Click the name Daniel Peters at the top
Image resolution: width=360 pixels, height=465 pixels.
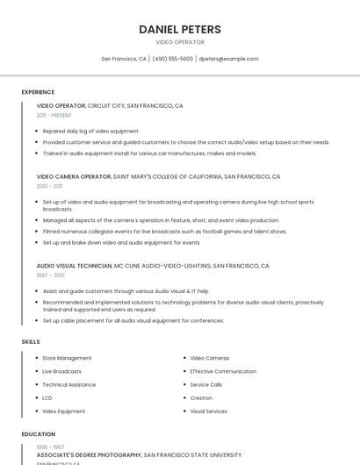[x=180, y=29]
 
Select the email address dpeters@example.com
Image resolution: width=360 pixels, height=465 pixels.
[x=228, y=59]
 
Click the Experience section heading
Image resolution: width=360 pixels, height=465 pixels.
[x=38, y=92]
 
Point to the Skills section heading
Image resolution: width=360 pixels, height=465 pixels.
[x=31, y=341]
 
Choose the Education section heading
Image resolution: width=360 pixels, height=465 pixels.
[x=38, y=434]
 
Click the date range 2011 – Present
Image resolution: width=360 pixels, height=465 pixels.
[x=54, y=115]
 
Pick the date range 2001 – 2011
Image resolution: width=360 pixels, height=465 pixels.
[x=49, y=186]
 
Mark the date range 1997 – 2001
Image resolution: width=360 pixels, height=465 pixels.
[x=50, y=275]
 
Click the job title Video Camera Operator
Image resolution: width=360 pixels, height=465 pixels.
[x=74, y=176]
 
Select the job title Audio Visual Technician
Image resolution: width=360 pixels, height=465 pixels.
[x=75, y=265]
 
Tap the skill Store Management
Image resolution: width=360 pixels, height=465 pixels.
[x=67, y=358]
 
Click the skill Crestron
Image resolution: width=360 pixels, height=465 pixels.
[x=201, y=397]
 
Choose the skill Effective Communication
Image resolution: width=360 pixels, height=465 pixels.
[x=223, y=371]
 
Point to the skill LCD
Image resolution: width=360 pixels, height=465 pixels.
[x=47, y=397]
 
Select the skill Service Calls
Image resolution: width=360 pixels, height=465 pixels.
[x=206, y=384]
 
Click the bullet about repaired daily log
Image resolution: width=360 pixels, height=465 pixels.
[x=90, y=131]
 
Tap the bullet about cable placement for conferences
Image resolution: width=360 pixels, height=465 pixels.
[x=133, y=320]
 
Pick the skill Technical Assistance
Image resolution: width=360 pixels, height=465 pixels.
[x=68, y=384]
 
